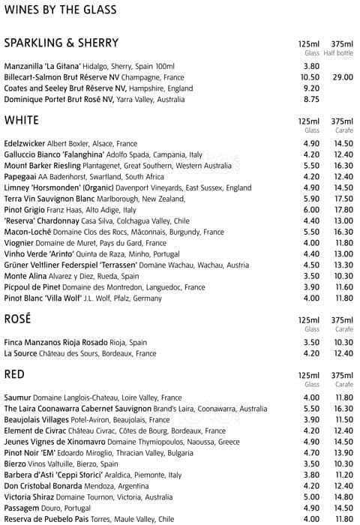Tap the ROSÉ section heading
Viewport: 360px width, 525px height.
pyautogui.click(x=17, y=319)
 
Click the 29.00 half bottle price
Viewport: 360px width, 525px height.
pyautogui.click(x=343, y=77)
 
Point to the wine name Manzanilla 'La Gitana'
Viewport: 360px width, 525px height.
pyautogui.click(x=43, y=67)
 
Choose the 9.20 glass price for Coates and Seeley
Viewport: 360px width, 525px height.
pyautogui.click(x=310, y=88)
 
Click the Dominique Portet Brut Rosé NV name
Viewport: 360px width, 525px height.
pyautogui.click(x=58, y=99)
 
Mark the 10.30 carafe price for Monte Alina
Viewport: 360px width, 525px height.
pyautogui.click(x=343, y=275)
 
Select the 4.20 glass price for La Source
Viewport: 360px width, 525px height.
pyautogui.click(x=310, y=353)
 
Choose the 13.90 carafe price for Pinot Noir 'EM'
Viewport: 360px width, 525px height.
pyautogui.click(x=343, y=453)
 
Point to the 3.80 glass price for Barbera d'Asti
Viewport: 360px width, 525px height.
pyautogui.click(x=310, y=475)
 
